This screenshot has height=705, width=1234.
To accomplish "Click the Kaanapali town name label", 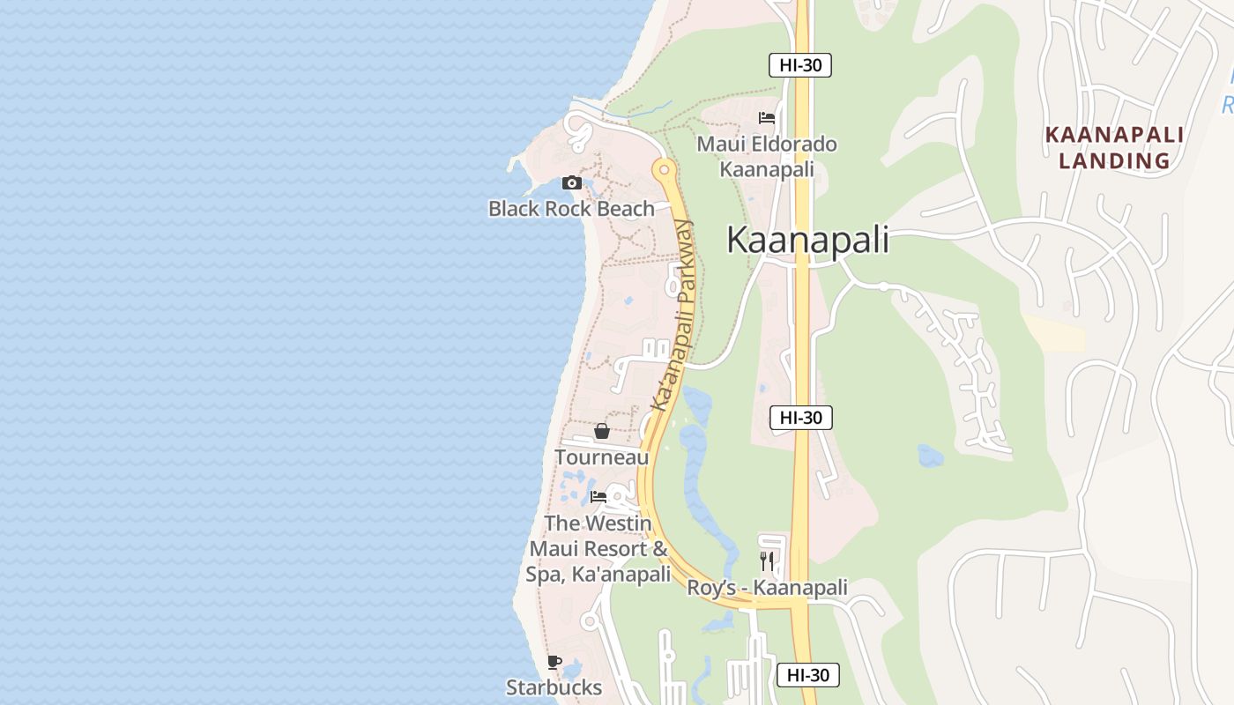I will (x=807, y=241).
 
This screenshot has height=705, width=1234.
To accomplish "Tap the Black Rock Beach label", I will (x=571, y=209).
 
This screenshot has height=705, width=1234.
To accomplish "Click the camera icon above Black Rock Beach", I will (x=572, y=183).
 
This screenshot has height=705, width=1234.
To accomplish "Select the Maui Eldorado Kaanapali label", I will (x=767, y=156).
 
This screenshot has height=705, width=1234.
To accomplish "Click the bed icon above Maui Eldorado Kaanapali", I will (x=767, y=118).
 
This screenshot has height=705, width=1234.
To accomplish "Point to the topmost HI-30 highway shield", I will (x=800, y=64).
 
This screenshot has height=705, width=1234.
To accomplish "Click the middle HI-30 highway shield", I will (x=801, y=418).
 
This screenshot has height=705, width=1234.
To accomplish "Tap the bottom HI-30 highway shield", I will (x=808, y=675).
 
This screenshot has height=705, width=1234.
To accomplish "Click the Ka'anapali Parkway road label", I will (x=673, y=315).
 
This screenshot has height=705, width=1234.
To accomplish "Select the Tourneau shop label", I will (x=601, y=457).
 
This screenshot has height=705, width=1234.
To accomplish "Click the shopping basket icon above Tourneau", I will (x=602, y=431).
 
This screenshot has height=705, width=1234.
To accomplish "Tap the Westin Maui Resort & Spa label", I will (x=599, y=548).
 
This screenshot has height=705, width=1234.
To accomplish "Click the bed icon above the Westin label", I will (x=598, y=497).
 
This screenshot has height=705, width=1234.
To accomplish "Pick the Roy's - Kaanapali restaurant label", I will (x=767, y=588).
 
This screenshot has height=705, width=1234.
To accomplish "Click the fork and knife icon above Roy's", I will (x=767, y=560).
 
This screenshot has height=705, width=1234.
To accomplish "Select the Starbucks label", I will (x=554, y=687).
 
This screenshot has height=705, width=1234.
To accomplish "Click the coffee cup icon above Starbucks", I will (x=554, y=662).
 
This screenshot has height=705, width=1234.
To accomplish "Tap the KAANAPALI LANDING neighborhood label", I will (x=1114, y=147).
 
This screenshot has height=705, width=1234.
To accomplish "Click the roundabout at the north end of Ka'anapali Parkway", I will (x=663, y=167).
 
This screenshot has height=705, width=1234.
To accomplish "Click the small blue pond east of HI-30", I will (x=930, y=456).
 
